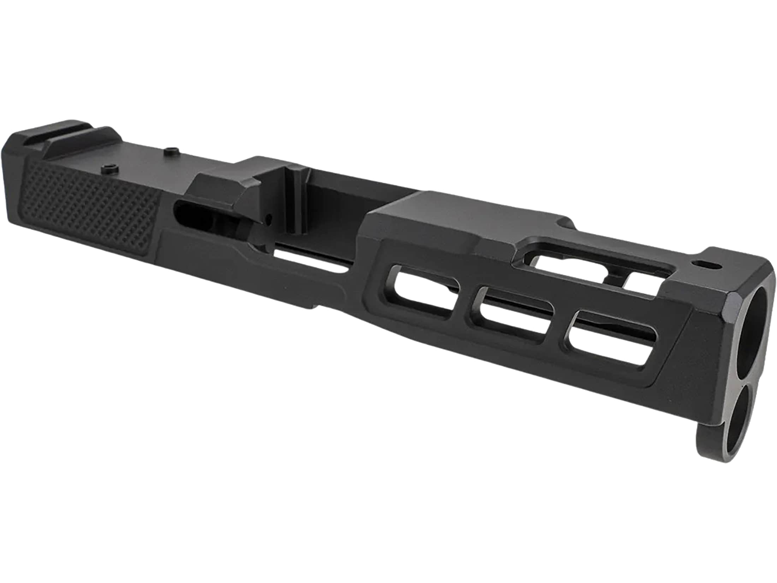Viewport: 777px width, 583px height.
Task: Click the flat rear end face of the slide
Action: (x=14, y=184)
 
